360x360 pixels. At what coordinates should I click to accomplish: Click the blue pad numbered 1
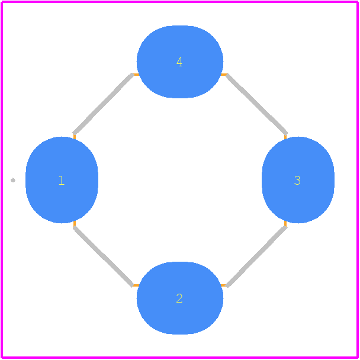(x=62, y=180)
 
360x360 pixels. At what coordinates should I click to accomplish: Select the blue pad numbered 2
(x=180, y=298)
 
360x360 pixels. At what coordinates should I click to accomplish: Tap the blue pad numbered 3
(x=298, y=180)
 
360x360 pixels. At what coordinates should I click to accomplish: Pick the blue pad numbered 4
(x=180, y=62)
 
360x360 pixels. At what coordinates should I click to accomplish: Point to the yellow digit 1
(x=62, y=180)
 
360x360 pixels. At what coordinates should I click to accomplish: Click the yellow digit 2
(x=179, y=298)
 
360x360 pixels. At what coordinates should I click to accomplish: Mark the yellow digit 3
(x=297, y=180)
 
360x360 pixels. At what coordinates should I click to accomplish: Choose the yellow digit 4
(x=179, y=62)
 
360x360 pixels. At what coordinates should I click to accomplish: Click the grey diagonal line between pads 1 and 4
(x=103, y=104)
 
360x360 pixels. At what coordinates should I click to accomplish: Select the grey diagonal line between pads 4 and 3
(x=257, y=104)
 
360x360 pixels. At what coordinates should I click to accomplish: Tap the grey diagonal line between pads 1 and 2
(x=103, y=256)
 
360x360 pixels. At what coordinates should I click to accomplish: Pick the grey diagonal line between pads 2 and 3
(x=256, y=256)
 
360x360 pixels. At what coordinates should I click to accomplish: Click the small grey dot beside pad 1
(x=13, y=180)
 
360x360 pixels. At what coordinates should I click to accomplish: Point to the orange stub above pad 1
(x=75, y=137)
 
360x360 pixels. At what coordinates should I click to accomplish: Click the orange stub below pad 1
(x=75, y=223)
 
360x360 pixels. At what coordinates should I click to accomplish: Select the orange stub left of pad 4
(x=136, y=75)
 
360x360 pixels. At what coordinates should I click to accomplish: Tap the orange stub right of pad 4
(x=224, y=75)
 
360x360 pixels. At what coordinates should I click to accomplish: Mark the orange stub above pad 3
(x=285, y=137)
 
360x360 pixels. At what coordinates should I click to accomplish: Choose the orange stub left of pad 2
(x=136, y=285)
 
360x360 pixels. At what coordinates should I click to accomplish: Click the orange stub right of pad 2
(x=224, y=285)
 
